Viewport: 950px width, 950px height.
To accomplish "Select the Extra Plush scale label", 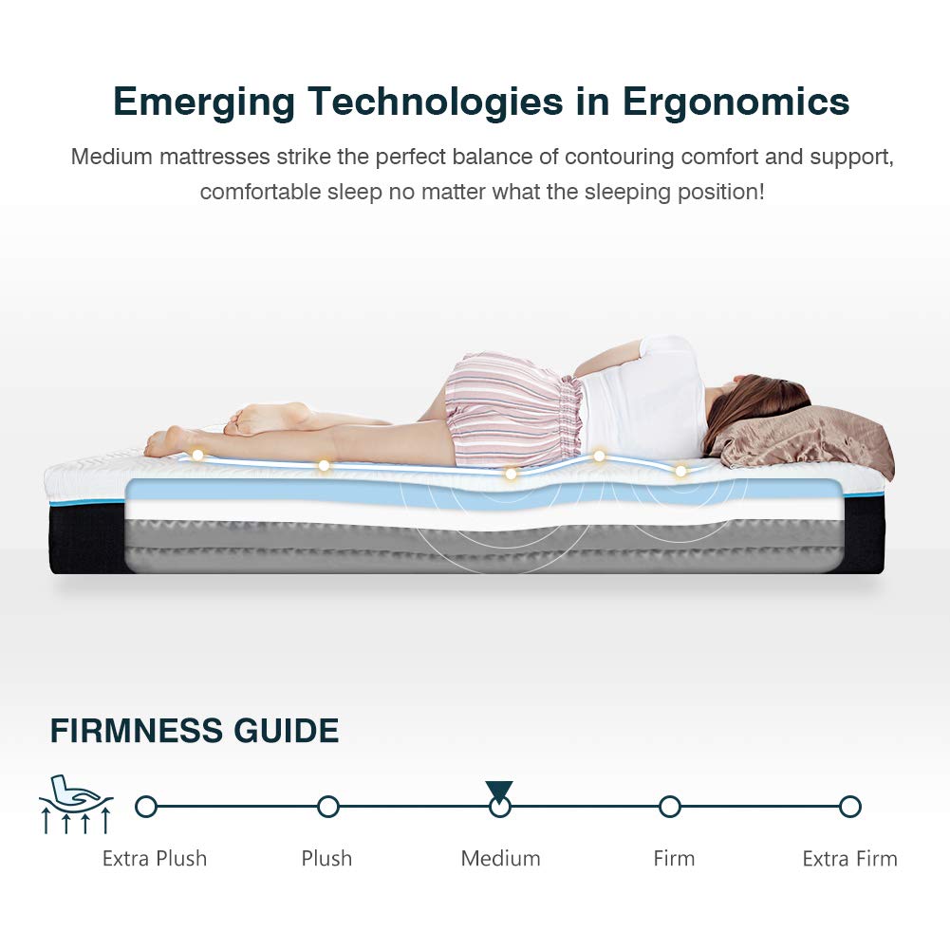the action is (155, 859).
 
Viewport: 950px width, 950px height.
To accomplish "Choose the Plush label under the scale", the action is (326, 859).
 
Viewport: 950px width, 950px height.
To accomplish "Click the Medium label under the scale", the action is (500, 859).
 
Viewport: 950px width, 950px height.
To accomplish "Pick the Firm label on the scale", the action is (674, 859).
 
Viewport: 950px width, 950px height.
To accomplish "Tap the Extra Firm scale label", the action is (849, 859).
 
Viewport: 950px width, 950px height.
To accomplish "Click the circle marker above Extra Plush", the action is (145, 807).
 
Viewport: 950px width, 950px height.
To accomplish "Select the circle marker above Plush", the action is (328, 807).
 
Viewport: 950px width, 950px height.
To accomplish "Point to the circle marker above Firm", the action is (670, 807).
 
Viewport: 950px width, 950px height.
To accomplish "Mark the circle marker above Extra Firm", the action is (850, 807).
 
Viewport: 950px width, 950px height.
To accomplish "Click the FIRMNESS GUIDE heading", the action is (194, 732).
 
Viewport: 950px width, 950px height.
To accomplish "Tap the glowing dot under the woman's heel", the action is (197, 456).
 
